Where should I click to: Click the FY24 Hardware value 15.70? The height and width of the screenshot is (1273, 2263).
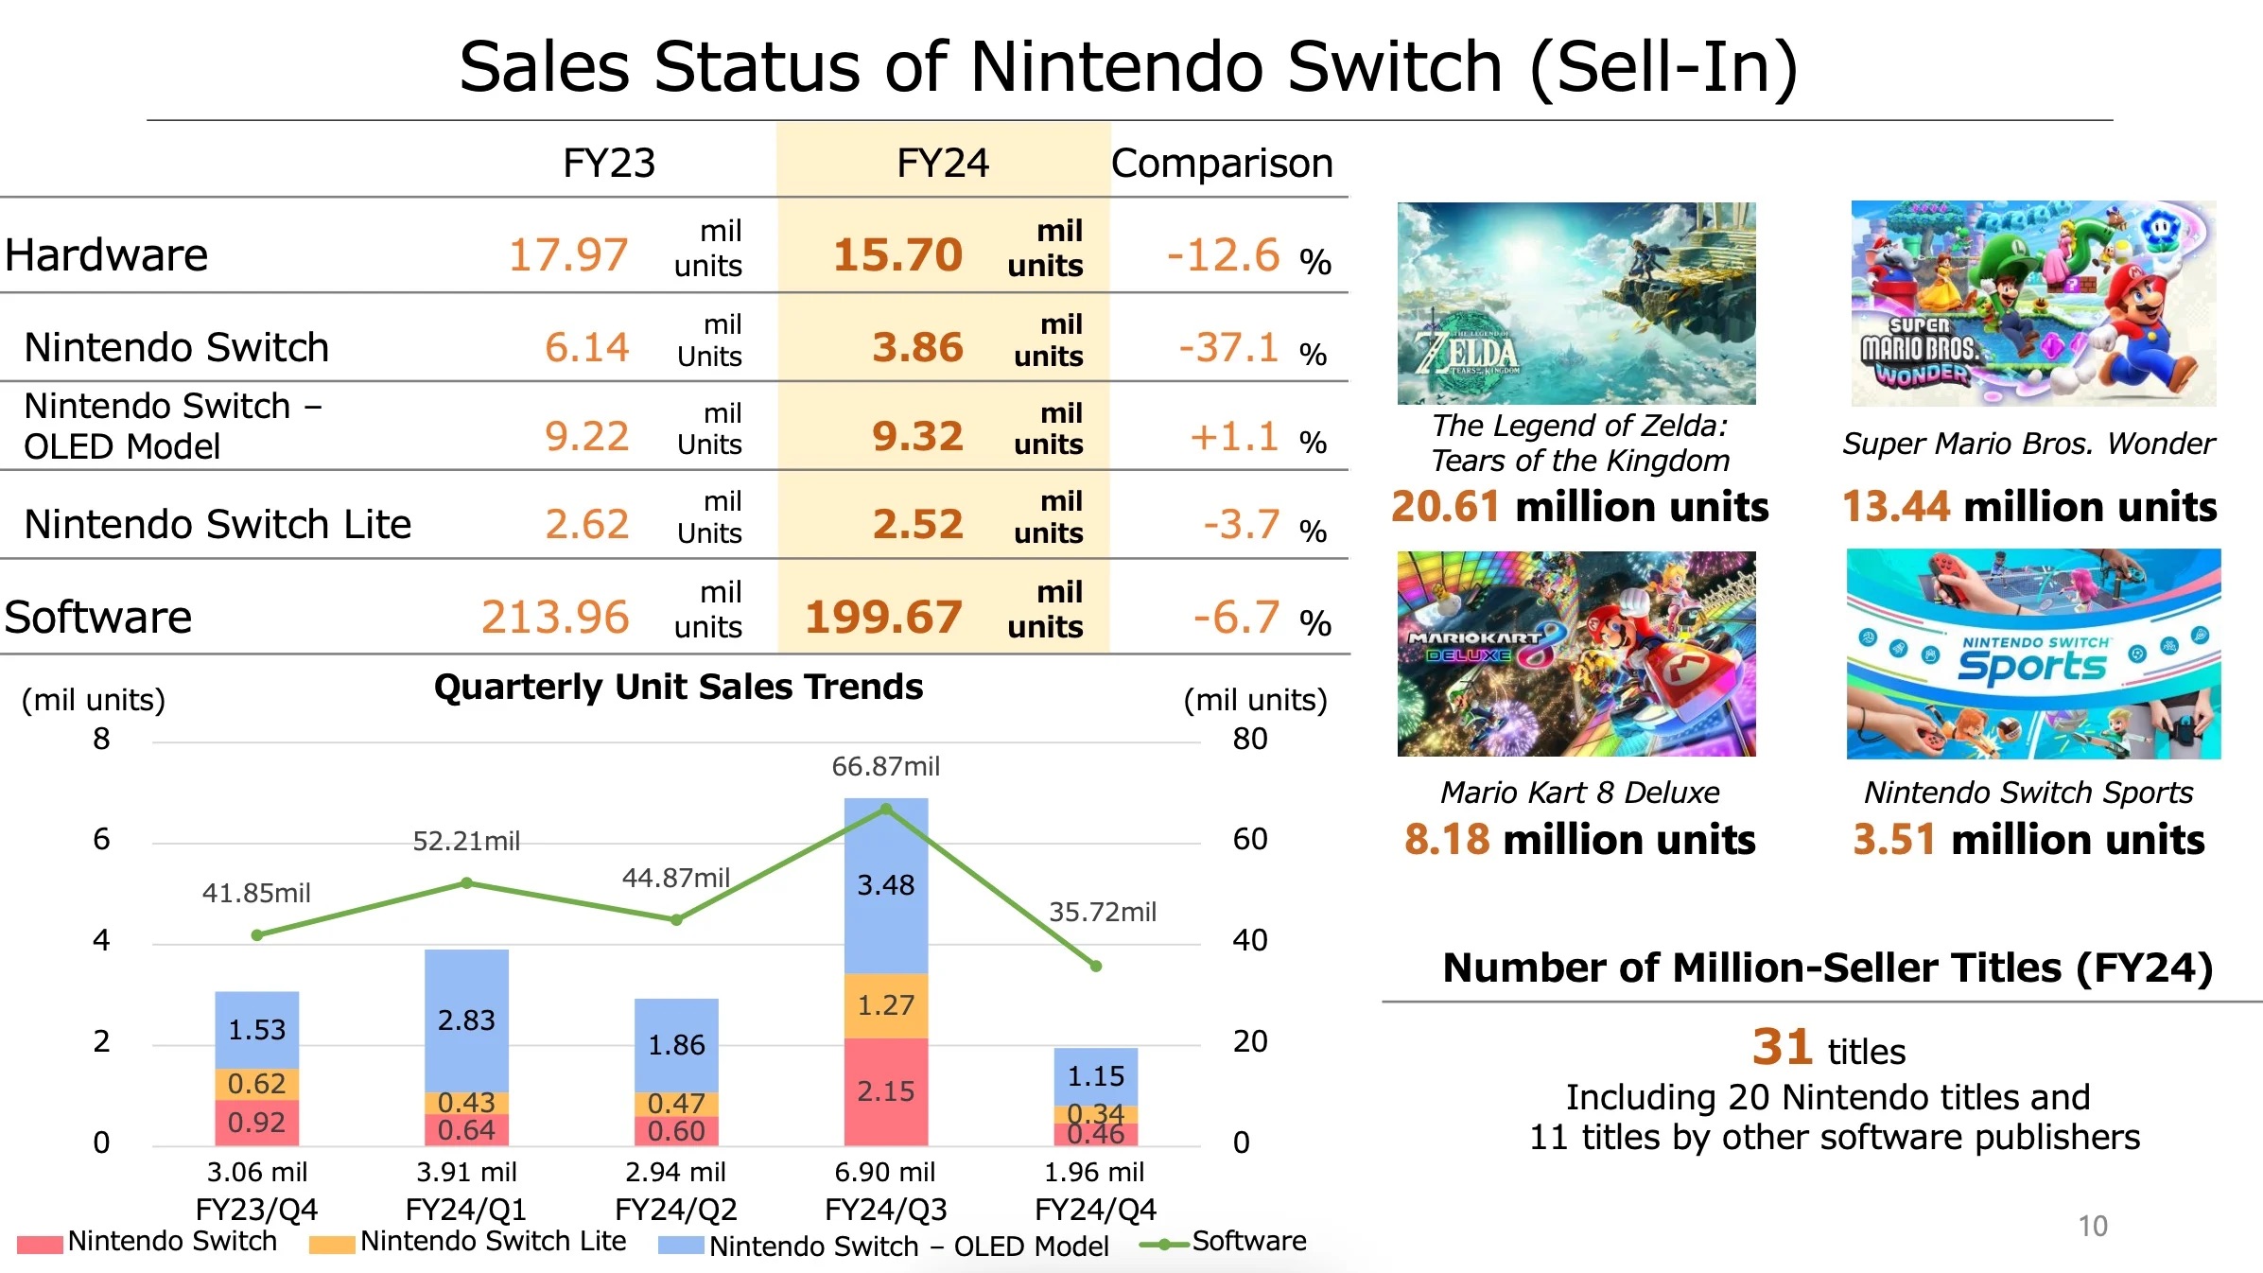pyautogui.click(x=897, y=255)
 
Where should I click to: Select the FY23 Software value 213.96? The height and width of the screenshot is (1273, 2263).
pyautogui.click(x=555, y=618)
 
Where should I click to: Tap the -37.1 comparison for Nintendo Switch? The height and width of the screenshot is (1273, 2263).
pyautogui.click(x=1228, y=348)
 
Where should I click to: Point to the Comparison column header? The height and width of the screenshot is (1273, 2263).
pyautogui.click(x=1222, y=164)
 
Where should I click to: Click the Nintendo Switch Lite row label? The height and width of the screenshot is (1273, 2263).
pyautogui.click(x=218, y=524)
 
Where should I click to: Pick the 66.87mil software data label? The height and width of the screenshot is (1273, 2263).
pyautogui.click(x=885, y=766)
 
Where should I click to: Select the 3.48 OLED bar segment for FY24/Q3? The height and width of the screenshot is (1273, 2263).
pyautogui.click(x=886, y=885)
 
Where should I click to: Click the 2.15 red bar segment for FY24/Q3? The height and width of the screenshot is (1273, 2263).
pyautogui.click(x=886, y=1091)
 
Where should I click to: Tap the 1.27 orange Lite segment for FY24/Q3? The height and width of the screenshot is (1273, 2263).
pyautogui.click(x=886, y=1005)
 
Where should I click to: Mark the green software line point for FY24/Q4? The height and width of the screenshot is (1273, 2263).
pyautogui.click(x=1096, y=967)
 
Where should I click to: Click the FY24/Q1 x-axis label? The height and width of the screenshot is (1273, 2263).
pyautogui.click(x=466, y=1210)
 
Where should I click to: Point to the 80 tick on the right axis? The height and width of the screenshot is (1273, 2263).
pyautogui.click(x=1249, y=739)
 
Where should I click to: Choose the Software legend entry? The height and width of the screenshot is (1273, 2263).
pyautogui.click(x=1248, y=1241)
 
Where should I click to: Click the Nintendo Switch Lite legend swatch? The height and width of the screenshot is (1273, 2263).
pyautogui.click(x=332, y=1244)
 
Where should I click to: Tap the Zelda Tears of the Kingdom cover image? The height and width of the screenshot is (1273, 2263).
pyautogui.click(x=1576, y=304)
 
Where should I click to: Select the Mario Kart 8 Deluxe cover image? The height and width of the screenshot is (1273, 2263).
pyautogui.click(x=1576, y=654)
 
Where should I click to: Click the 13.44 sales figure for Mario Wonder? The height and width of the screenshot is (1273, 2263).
pyautogui.click(x=1895, y=507)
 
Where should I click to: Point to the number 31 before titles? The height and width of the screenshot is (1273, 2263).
pyautogui.click(x=1782, y=1047)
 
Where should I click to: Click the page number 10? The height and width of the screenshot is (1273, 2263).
pyautogui.click(x=2092, y=1226)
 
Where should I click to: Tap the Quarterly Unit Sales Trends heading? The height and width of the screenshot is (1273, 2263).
pyautogui.click(x=678, y=687)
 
